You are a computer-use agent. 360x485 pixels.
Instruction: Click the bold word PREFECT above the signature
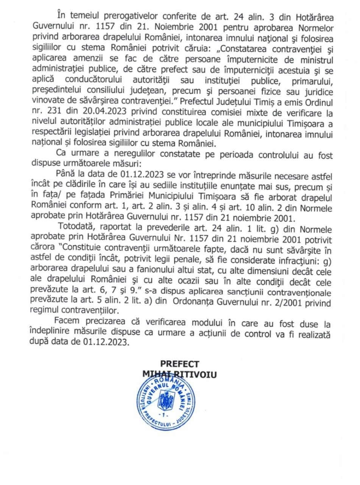(x=179, y=364)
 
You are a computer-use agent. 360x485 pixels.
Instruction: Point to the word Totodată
(x=76, y=230)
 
